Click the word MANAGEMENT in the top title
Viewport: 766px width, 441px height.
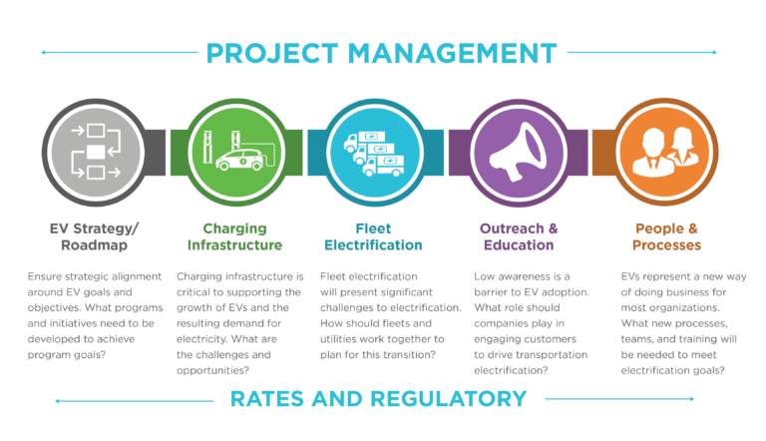tap(445, 51)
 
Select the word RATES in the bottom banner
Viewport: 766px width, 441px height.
tap(269, 399)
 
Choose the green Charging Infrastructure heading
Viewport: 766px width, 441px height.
tap(235, 235)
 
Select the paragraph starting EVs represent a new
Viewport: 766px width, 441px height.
tap(673, 321)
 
